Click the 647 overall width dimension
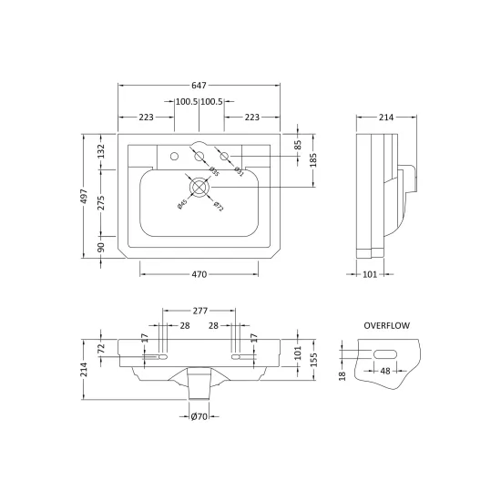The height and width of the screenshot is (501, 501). (x=199, y=86)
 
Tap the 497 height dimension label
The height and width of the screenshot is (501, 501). (x=84, y=196)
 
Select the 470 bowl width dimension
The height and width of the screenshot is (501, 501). (x=199, y=274)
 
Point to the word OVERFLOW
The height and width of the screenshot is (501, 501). (x=386, y=325)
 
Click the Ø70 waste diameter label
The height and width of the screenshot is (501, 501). (x=199, y=416)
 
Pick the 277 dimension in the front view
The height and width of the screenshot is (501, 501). (x=200, y=311)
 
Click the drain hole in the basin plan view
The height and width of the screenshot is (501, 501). (x=199, y=188)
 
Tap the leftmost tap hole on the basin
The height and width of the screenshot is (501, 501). (x=175, y=157)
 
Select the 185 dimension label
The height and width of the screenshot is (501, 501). (x=313, y=159)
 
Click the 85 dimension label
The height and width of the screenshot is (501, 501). (x=298, y=145)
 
